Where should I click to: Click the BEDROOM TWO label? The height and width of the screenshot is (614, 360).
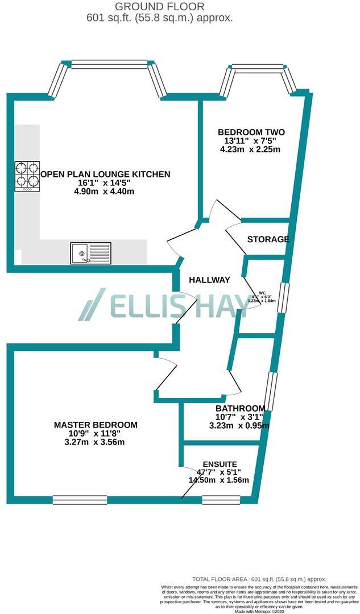coord(251,132)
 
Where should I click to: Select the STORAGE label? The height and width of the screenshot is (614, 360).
coord(268,239)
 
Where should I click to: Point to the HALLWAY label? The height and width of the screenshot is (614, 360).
coord(209,280)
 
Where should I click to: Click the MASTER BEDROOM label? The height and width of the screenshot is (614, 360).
coord(96,425)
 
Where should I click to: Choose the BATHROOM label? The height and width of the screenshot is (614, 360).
coord(240,408)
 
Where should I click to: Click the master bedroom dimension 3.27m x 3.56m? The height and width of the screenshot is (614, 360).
coord(96,442)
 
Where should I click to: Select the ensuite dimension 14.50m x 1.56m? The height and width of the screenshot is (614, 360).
coord(218,480)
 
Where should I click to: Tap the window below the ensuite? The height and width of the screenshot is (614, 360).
coord(221,500)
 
